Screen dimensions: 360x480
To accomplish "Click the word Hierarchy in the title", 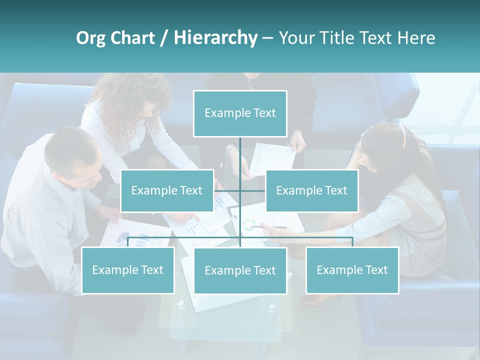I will pyautogui.click(x=215, y=38).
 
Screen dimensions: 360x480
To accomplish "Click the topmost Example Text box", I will pyautogui.click(x=240, y=113).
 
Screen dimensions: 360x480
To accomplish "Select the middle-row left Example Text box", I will pyautogui.click(x=167, y=190).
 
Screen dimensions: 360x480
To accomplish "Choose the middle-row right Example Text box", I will pyautogui.click(x=311, y=190).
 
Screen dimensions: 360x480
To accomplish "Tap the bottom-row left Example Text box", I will pyautogui.click(x=127, y=270).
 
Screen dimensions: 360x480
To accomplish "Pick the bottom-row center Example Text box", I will pyautogui.click(x=240, y=270).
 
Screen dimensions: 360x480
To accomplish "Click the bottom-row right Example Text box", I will pyautogui.click(x=352, y=270).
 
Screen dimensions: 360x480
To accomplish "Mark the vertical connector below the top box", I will pyautogui.click(x=240, y=155).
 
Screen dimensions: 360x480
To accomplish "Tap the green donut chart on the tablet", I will pyautogui.click(x=249, y=224).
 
